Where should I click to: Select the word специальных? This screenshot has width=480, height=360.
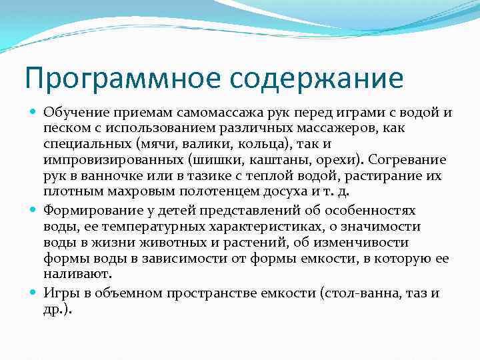tap(84, 145)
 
